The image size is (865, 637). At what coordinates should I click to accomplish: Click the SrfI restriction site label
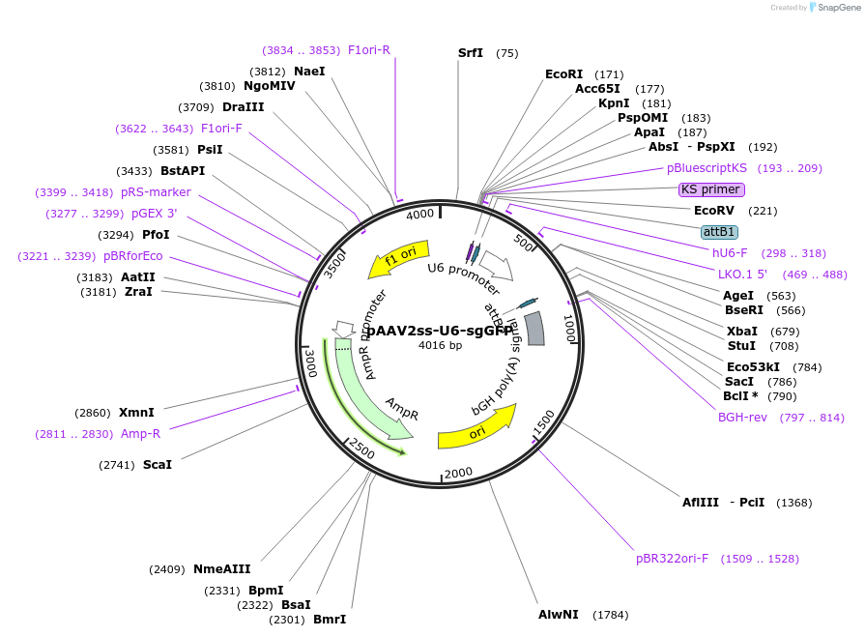click(471, 53)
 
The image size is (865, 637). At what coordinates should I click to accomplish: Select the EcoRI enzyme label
click(564, 74)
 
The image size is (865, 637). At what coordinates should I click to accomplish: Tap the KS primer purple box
click(710, 189)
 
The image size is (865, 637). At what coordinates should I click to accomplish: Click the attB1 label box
click(719, 232)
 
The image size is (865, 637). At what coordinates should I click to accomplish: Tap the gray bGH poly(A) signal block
click(534, 328)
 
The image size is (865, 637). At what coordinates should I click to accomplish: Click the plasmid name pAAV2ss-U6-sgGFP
click(440, 331)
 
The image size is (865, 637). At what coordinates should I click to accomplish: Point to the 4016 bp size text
click(440, 345)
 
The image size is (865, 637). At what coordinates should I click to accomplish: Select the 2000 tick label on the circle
click(457, 472)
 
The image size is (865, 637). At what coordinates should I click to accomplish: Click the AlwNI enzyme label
click(559, 615)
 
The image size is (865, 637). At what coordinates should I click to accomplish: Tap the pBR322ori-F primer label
click(672, 559)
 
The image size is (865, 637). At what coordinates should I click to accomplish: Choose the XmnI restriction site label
click(136, 413)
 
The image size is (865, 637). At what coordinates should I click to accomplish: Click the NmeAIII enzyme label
click(221, 569)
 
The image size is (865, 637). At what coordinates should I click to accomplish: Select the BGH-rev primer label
click(742, 418)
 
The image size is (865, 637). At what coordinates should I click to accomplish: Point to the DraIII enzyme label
click(243, 107)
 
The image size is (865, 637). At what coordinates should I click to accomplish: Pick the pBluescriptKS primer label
click(706, 168)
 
